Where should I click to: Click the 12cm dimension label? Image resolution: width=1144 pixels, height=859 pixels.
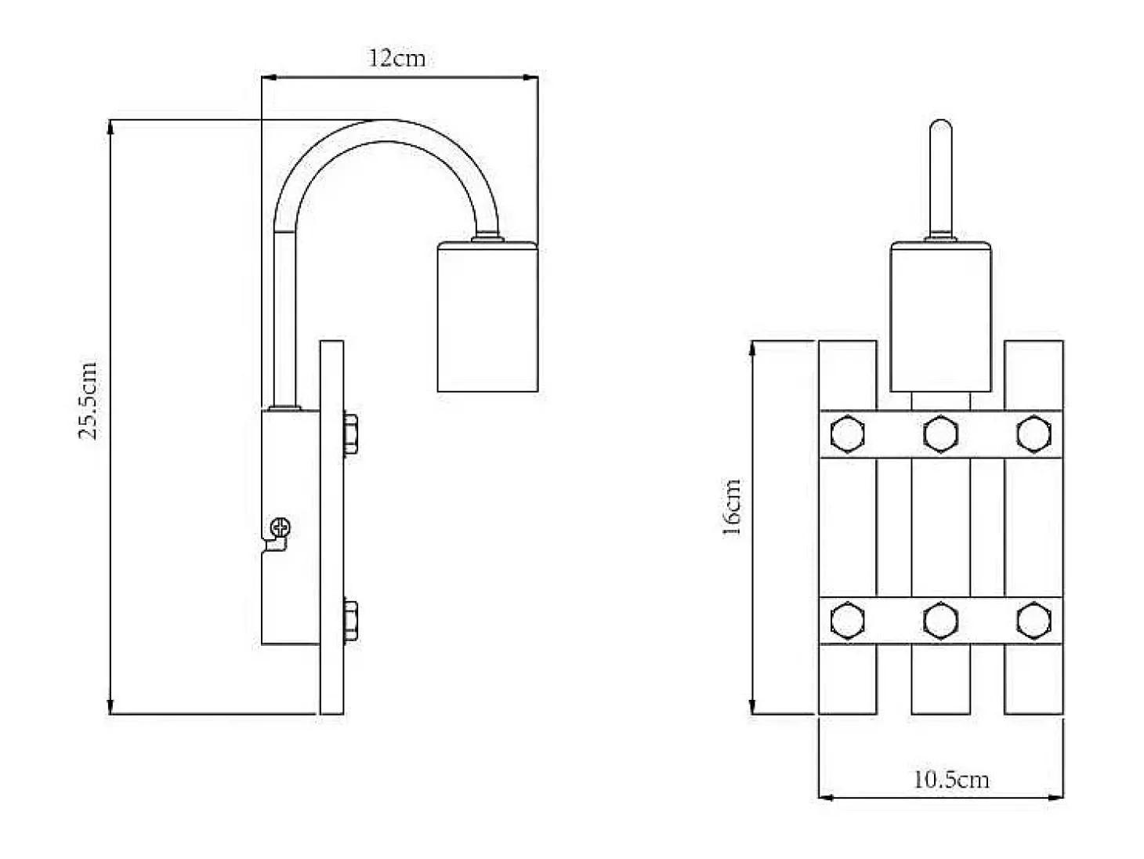[396, 58]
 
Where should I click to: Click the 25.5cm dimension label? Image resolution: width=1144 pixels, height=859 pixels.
[88, 401]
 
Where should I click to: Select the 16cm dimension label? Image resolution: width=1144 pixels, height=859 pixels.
[731, 507]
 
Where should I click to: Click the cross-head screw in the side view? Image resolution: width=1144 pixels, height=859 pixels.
[281, 527]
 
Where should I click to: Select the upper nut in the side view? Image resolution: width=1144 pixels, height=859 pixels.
[350, 433]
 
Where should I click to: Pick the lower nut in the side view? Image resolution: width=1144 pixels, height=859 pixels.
[350, 620]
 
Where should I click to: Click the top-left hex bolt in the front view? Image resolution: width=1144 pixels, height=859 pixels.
[848, 433]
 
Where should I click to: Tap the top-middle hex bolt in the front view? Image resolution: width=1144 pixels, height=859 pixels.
[940, 433]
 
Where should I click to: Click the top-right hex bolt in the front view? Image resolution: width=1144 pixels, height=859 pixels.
[1034, 433]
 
